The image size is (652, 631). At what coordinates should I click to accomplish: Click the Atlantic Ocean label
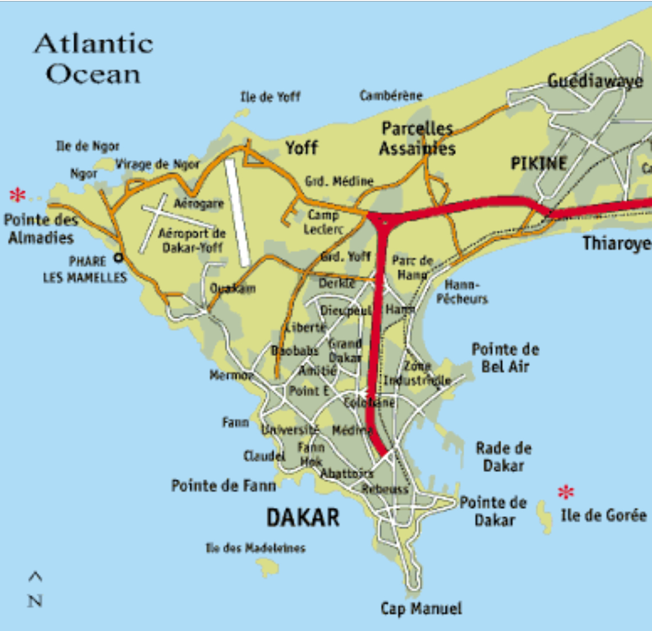[x=93, y=59]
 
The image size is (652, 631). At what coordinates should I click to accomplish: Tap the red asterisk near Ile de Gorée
[x=566, y=491]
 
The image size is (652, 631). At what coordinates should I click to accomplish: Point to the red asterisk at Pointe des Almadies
[x=18, y=195]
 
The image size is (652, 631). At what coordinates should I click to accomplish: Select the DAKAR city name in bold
[x=303, y=518]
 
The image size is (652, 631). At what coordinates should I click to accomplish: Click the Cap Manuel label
[x=421, y=608]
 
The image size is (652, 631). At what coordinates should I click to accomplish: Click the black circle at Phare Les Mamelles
[x=118, y=257]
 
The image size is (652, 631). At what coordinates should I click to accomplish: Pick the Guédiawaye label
[x=595, y=81]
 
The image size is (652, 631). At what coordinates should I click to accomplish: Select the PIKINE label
[x=539, y=163]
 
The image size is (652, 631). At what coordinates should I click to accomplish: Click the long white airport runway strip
[x=238, y=213]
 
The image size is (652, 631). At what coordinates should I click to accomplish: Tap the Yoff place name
[x=301, y=147]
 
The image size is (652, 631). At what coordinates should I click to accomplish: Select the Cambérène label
[x=391, y=96]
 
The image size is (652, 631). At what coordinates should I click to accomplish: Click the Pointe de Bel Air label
[x=505, y=358]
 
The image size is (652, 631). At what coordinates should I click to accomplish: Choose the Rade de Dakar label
[x=503, y=457]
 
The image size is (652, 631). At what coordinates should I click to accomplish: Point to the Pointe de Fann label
[x=224, y=486]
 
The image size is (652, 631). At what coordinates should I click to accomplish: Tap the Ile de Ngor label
[x=88, y=146]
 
